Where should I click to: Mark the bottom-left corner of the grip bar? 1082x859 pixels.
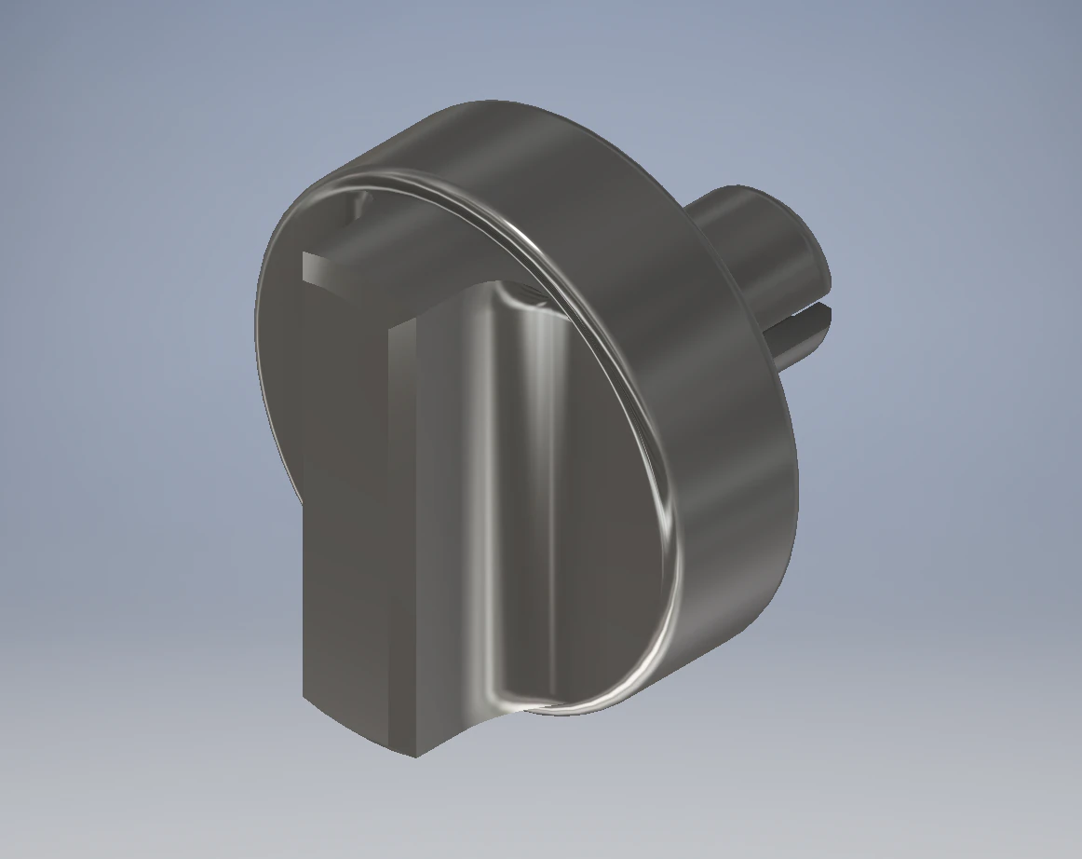304,697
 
